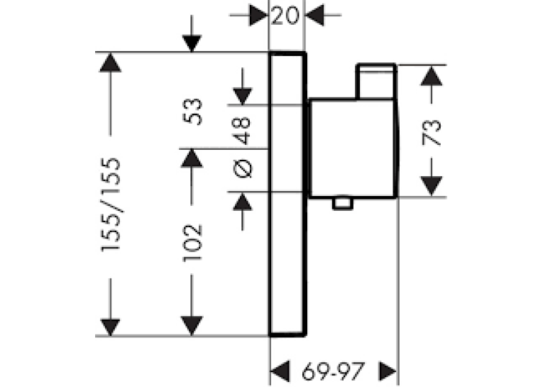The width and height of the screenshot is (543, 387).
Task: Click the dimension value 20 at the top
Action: [x=285, y=16]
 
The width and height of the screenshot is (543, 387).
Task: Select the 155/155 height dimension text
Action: [x=111, y=205]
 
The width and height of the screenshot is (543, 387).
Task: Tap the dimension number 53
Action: [x=192, y=111]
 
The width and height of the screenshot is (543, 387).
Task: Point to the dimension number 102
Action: [x=192, y=243]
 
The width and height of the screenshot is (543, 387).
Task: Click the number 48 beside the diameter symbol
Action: [x=242, y=131]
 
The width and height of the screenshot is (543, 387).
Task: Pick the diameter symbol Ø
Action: [x=243, y=169]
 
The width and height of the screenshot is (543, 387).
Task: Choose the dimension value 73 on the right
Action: [x=432, y=132]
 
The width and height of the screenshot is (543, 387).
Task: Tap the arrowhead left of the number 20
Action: [x=258, y=15]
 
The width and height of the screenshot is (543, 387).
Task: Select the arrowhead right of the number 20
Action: [x=314, y=15]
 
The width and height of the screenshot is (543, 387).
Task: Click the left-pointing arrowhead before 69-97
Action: [x=280, y=371]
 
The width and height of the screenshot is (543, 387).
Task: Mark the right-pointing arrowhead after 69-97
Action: [x=388, y=371]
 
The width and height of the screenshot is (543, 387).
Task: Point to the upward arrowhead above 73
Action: [x=432, y=76]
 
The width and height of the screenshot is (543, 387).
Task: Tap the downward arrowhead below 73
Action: [x=432, y=186]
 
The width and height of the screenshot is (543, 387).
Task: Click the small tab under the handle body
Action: [x=343, y=203]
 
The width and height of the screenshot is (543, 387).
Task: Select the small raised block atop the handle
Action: [x=376, y=82]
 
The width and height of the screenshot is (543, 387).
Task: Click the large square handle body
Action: [x=353, y=148]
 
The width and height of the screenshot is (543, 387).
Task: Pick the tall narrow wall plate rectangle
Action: [x=287, y=194]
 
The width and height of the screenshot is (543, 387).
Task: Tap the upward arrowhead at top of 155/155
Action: [x=110, y=62]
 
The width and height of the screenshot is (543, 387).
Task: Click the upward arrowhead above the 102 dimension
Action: [x=192, y=158]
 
